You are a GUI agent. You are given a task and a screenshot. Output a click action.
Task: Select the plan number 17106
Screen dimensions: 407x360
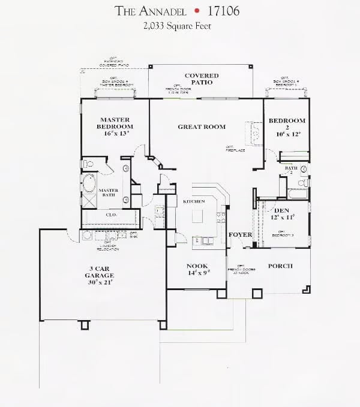click(221, 10)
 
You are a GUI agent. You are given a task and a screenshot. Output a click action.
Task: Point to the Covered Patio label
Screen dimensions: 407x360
click(202, 79)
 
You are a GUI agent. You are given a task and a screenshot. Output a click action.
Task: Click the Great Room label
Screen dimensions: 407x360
click(202, 127)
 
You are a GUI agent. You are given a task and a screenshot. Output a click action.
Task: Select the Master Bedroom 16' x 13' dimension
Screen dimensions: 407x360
click(116, 135)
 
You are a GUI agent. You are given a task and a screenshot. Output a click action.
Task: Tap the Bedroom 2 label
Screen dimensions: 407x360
click(287, 124)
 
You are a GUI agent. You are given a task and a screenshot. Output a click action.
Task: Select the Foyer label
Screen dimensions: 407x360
click(240, 235)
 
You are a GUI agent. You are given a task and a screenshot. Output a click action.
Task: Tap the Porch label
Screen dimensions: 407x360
click(280, 266)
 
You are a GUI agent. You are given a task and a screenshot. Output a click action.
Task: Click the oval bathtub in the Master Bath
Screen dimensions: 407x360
click(90, 182)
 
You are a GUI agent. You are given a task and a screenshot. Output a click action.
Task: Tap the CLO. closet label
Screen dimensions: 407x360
click(110, 213)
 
